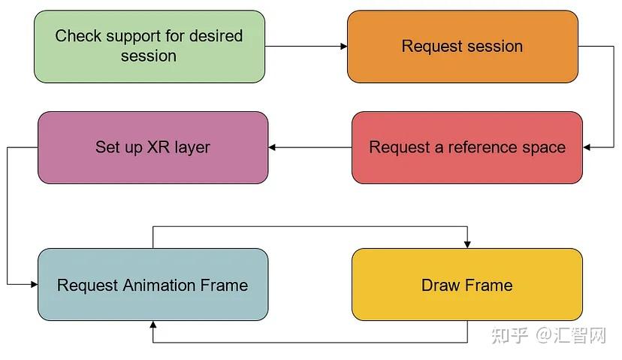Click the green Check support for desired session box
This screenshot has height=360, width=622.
149,46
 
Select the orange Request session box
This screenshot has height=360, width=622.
462,46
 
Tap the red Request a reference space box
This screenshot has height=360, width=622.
466,147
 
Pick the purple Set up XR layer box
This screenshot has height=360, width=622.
152,147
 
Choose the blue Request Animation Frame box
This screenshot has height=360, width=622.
152,285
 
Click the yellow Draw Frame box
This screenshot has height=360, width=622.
466,285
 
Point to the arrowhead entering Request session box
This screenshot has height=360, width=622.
343,47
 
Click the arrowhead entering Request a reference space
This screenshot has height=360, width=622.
587,147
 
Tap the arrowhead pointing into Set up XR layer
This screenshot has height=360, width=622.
273,147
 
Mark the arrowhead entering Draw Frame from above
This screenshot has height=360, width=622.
467,244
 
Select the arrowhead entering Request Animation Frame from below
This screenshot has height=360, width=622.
153,325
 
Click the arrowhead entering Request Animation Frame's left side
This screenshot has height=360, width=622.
34,285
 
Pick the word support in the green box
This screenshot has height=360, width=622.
132,36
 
